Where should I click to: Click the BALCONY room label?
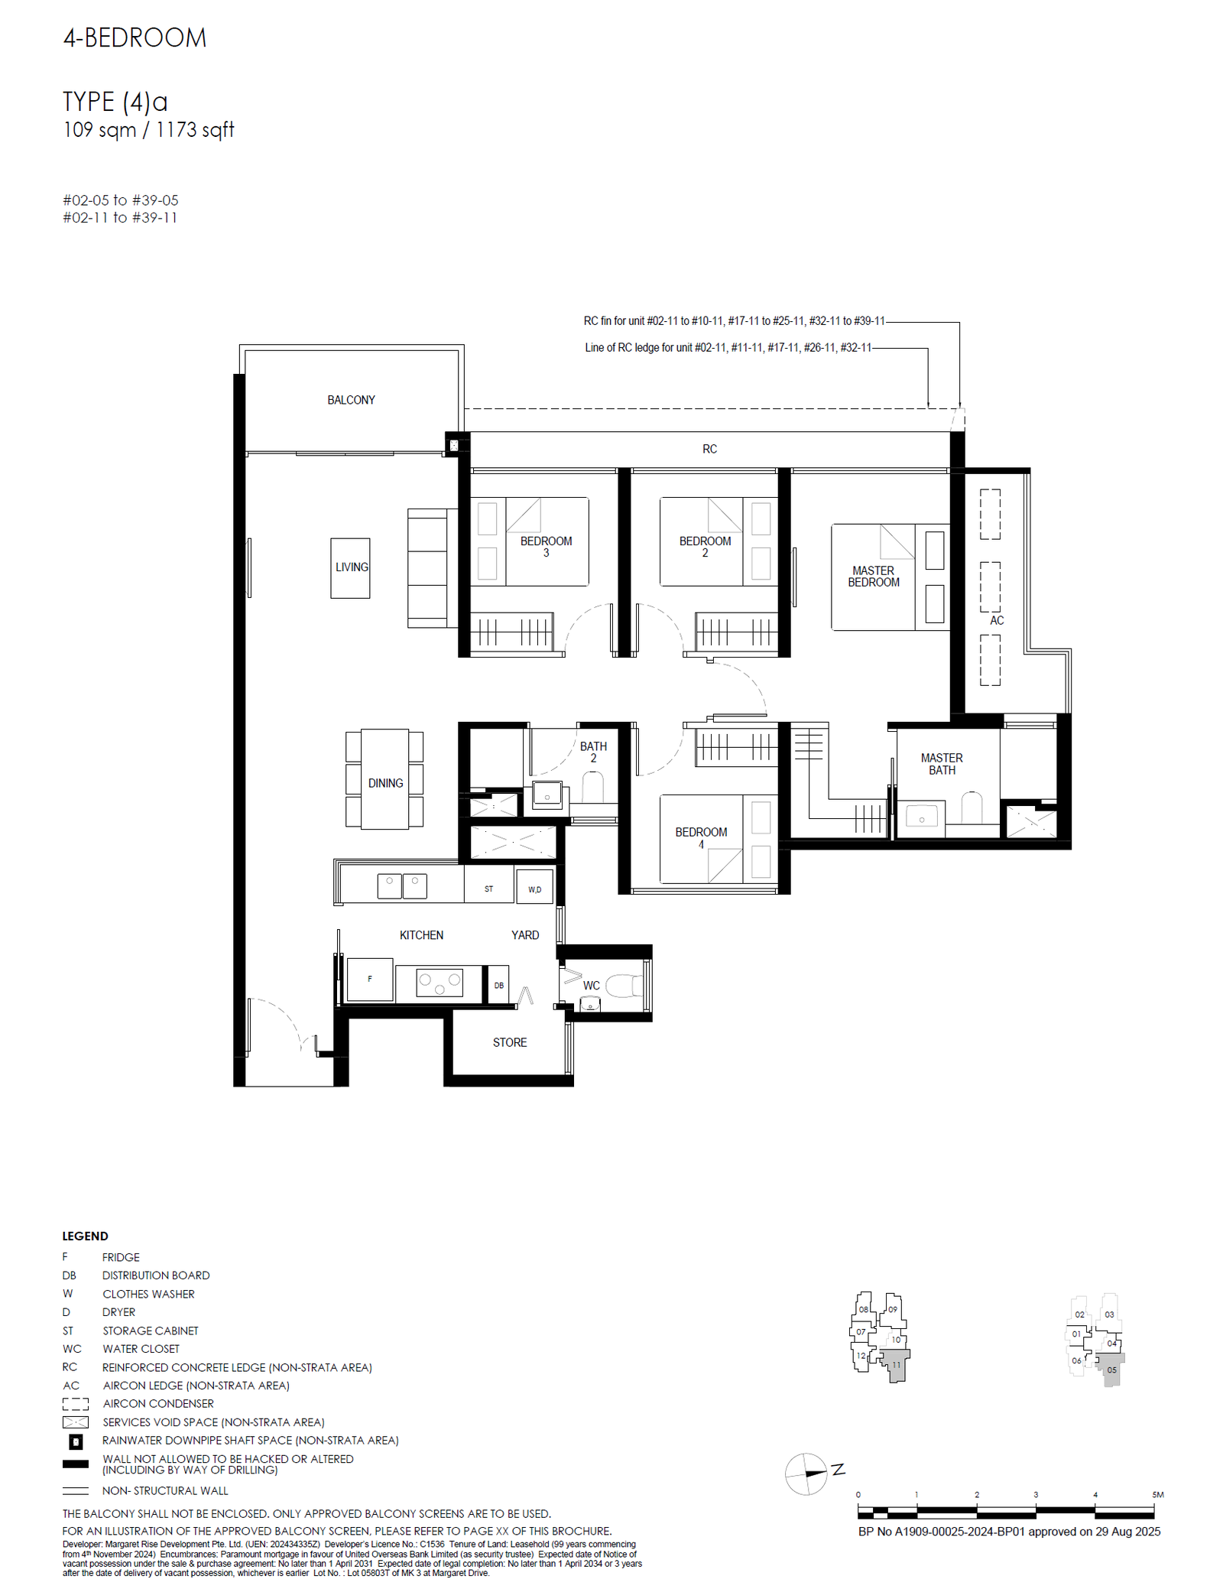click(x=351, y=400)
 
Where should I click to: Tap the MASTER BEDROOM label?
click(x=873, y=577)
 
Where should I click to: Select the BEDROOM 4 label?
click(x=701, y=838)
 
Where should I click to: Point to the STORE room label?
click(x=510, y=1042)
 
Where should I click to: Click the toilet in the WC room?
click(x=624, y=986)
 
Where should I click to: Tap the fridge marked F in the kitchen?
click(x=370, y=980)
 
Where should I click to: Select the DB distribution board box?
click(x=498, y=985)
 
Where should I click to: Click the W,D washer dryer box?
click(x=534, y=887)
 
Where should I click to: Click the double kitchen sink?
click(x=402, y=885)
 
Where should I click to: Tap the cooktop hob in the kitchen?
click(x=440, y=983)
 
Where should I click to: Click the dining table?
click(x=384, y=779)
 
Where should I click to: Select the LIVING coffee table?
click(x=350, y=568)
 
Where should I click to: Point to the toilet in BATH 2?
click(x=593, y=788)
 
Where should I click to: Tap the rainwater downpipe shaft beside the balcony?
click(x=454, y=445)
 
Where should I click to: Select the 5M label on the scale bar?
click(x=1157, y=1494)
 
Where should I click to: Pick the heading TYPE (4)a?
click(x=115, y=102)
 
